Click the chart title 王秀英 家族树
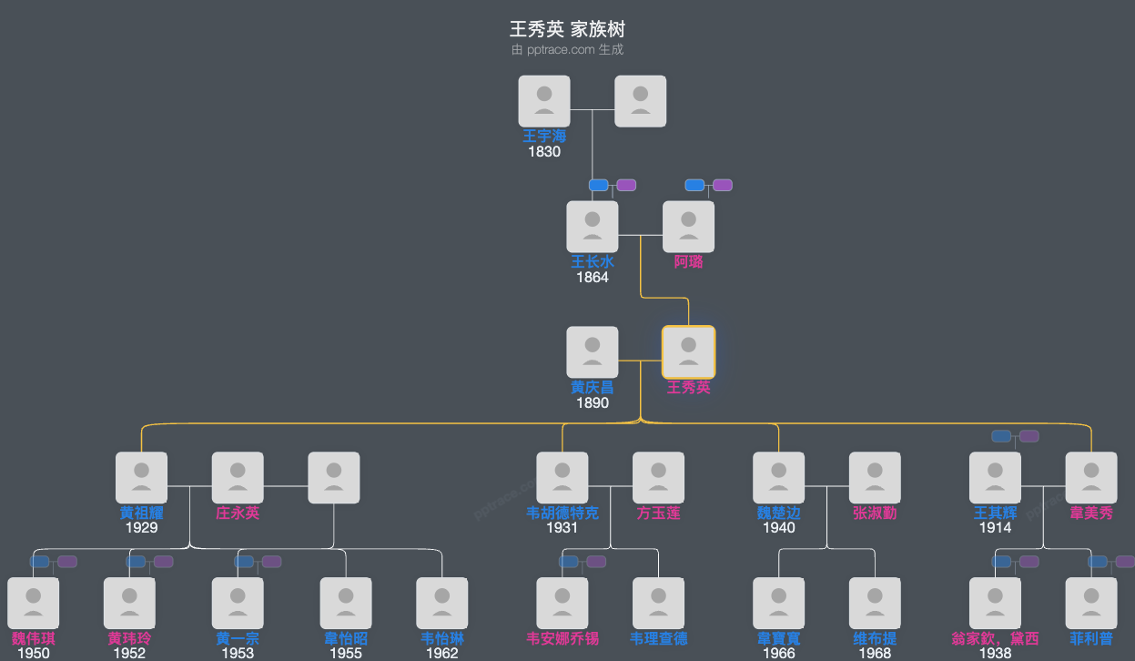pyautogui.click(x=567, y=29)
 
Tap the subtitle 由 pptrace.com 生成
pyautogui.click(x=567, y=50)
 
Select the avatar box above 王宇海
pyautogui.click(x=544, y=100)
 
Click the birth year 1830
pyautogui.click(x=544, y=152)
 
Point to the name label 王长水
pyautogui.click(x=593, y=262)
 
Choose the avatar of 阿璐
pyautogui.click(x=688, y=227)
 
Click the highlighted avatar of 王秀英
pyautogui.click(x=688, y=352)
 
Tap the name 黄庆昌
pyautogui.click(x=593, y=388)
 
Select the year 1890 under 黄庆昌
pyautogui.click(x=593, y=403)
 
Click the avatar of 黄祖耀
pyautogui.click(x=141, y=477)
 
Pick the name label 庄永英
pyautogui.click(x=238, y=514)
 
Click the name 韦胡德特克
pyautogui.click(x=562, y=514)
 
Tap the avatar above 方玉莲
pyautogui.click(x=658, y=477)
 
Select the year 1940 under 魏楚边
pyautogui.click(x=779, y=528)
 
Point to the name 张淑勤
pyautogui.click(x=875, y=514)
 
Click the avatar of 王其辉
pyautogui.click(x=995, y=477)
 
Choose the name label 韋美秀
pyautogui.click(x=1091, y=514)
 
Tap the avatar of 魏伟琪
pyautogui.click(x=34, y=603)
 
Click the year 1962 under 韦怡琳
pyautogui.click(x=442, y=653)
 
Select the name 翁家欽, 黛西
pyautogui.click(x=995, y=639)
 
